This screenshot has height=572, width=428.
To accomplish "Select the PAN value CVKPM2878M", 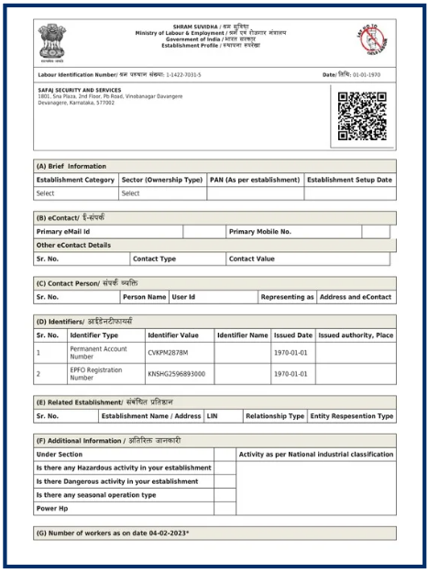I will (x=168, y=352).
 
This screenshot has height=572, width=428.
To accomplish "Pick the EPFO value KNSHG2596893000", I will (x=177, y=374).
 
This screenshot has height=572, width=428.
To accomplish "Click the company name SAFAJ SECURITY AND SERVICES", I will (x=80, y=90).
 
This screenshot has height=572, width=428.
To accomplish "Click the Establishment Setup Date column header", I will (x=349, y=180).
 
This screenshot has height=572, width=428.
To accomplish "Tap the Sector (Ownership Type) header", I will (x=162, y=180).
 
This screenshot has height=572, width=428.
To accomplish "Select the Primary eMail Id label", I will (x=69, y=232).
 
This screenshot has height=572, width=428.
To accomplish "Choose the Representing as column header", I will (x=287, y=297).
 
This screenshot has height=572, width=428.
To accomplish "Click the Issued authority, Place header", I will (x=356, y=335).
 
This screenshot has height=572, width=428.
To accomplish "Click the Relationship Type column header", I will (x=274, y=416).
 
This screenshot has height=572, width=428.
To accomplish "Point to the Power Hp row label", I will (x=54, y=507).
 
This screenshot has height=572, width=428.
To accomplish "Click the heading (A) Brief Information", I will (x=71, y=166).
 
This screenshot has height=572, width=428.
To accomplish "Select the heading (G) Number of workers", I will (x=112, y=533).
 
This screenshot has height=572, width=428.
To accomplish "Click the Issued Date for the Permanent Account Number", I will (x=292, y=352).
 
